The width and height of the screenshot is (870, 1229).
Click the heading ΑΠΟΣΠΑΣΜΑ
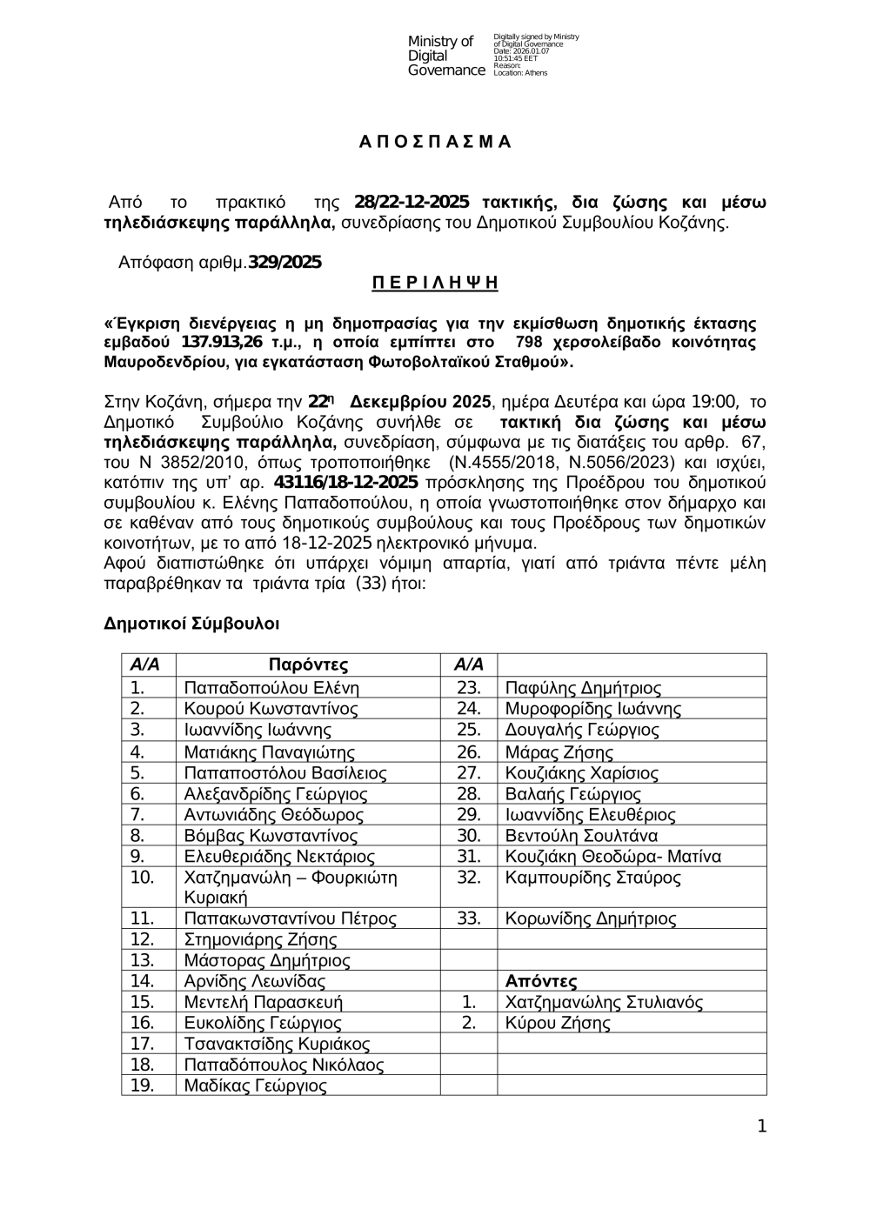[435, 143]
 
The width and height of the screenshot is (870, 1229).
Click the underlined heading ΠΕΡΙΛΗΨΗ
[435, 283]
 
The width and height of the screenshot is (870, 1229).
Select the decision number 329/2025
[285, 263]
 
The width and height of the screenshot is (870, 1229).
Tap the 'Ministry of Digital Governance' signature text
[445, 56]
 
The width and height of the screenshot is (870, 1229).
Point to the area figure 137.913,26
[222, 343]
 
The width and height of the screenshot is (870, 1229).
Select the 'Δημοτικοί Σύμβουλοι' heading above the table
[191, 624]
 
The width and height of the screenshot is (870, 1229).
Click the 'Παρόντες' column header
[308, 665]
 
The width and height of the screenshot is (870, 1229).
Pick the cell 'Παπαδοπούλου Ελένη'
[271, 688]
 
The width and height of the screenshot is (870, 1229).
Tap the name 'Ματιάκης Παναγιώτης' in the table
[270, 752]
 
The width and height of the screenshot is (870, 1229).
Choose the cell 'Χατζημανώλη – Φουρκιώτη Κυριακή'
[291, 887]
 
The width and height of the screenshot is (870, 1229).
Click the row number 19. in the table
[142, 1085]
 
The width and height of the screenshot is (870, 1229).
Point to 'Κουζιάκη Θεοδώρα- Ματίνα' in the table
[613, 857]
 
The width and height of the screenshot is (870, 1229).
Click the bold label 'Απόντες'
[541, 982]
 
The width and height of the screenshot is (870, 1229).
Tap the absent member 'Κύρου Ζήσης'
[558, 1024]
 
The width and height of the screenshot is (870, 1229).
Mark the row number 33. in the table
[469, 918]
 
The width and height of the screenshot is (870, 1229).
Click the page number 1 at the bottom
[762, 1127]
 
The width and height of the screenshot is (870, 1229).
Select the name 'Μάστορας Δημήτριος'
[267, 961]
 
